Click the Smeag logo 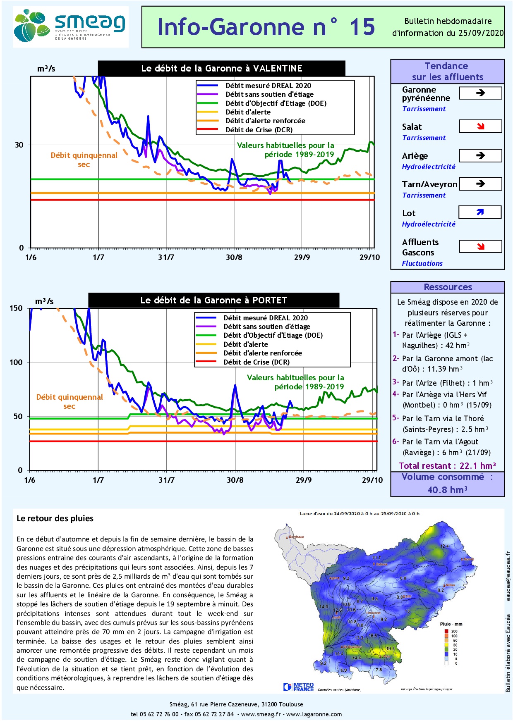point(70,26)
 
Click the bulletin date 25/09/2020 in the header point(481,33)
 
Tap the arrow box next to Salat point(480,126)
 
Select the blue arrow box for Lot point(480,212)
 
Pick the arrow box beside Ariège point(480,155)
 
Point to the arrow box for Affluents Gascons point(480,247)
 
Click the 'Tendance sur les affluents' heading point(447,72)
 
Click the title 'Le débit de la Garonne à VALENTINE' point(222,69)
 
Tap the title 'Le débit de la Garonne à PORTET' point(213,300)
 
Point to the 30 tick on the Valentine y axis point(19,145)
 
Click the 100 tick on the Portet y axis point(16,362)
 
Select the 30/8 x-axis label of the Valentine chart point(234,258)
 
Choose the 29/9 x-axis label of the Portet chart point(304,480)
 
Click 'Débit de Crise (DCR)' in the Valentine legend point(259,130)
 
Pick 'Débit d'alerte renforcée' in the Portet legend point(263,353)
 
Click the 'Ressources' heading point(448,287)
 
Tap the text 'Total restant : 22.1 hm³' point(447,466)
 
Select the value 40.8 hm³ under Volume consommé point(447,490)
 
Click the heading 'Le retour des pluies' point(55,518)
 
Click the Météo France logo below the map point(299,687)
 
